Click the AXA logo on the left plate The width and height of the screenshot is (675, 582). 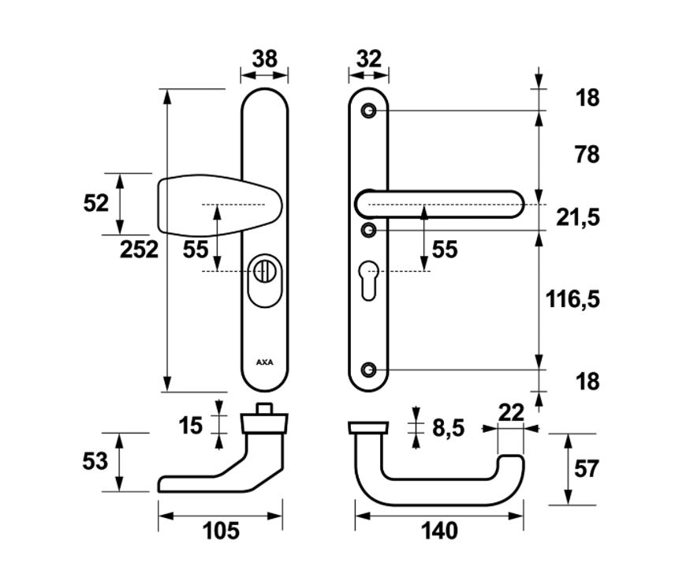264,362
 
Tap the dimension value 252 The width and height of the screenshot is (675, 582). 140,250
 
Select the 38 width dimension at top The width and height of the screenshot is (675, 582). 264,58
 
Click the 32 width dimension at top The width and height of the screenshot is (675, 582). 368,58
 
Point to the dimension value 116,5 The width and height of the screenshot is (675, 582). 572,299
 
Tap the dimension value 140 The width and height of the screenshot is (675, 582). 439,531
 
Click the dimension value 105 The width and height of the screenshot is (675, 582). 221,531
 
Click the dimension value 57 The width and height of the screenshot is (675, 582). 583,468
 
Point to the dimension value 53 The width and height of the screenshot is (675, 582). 95,461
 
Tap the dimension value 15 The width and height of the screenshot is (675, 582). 190,426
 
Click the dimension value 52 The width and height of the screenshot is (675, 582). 95,203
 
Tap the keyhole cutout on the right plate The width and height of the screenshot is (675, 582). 369,278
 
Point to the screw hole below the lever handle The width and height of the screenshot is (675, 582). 369,230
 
